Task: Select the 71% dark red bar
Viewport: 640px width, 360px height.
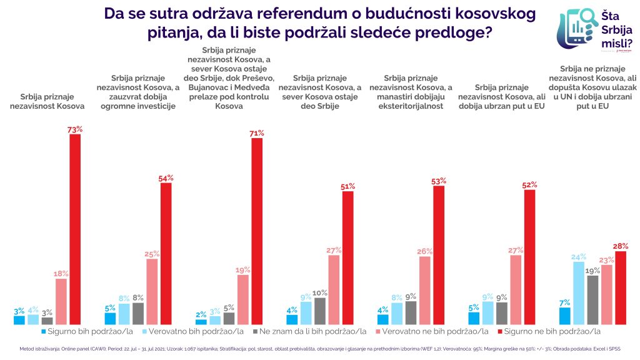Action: [x=257, y=231]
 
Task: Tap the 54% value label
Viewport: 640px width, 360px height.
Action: [x=166, y=178]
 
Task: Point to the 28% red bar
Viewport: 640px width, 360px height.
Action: [x=621, y=287]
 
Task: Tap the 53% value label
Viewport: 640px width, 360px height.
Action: [x=439, y=181]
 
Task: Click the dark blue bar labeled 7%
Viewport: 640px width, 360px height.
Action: [x=564, y=316]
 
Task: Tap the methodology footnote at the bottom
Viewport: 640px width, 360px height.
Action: [x=319, y=349]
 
